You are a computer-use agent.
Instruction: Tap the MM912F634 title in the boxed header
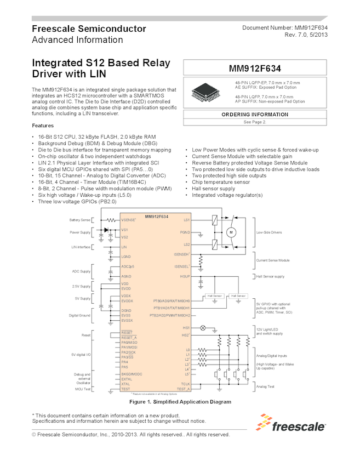pos(254,69)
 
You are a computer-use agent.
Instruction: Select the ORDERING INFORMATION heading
pos(254,115)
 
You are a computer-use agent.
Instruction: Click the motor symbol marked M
pos(231,232)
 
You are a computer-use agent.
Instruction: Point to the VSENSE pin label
pos(129,220)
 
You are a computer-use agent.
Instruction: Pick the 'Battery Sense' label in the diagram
pos(80,220)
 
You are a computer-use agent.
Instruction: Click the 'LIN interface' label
pos(81,247)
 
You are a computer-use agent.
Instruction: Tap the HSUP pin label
pos(185,276)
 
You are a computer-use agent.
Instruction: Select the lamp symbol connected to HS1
pos(205,327)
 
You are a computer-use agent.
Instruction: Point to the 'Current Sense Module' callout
pos(273,260)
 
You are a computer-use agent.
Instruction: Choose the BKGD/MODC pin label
pos(132,373)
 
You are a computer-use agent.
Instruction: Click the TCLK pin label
pos(185,383)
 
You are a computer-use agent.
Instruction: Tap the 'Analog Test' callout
pos(266,387)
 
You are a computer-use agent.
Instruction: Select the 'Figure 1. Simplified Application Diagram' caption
pos(180,402)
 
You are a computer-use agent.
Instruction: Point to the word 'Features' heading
pos(43,126)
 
